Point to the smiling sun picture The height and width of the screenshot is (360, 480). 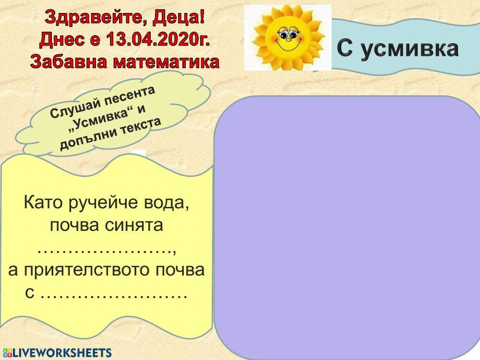click(x=288, y=38)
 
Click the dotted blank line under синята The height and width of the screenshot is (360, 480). click(x=107, y=250)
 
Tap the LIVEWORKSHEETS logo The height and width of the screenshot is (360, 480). click(x=57, y=353)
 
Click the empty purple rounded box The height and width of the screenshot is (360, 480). click(x=347, y=226)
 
